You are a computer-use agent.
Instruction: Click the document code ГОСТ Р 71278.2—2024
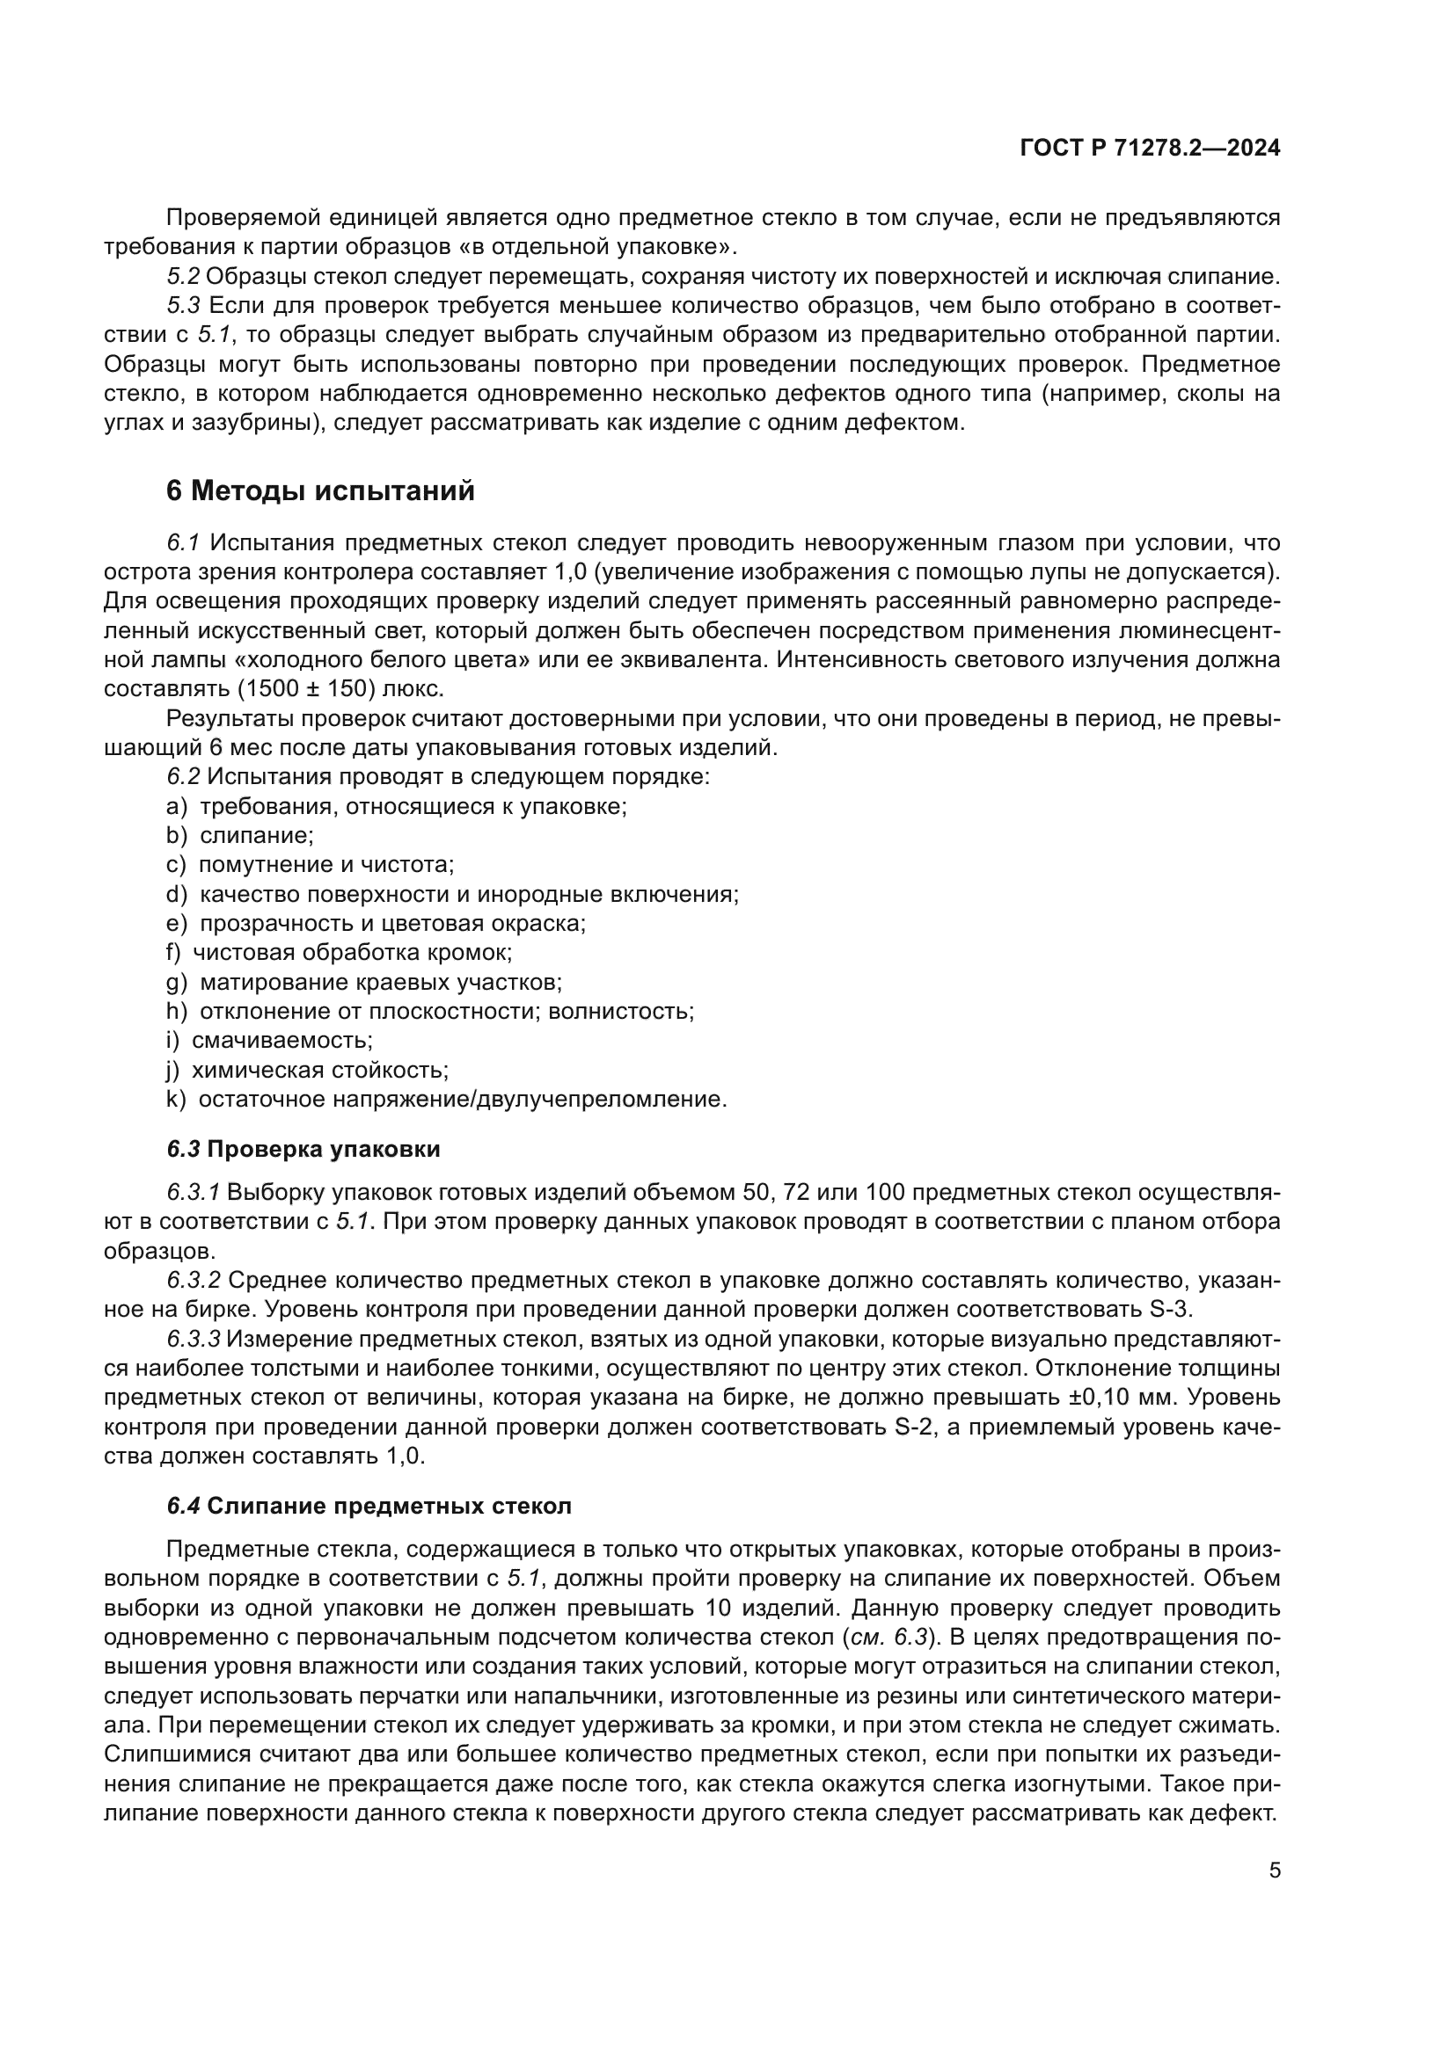click(x=1150, y=149)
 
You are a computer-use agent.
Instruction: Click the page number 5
click(x=1274, y=1870)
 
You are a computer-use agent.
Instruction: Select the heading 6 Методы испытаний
click(x=320, y=490)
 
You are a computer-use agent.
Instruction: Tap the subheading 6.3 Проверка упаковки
click(x=303, y=1149)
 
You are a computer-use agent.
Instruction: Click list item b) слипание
click(x=239, y=835)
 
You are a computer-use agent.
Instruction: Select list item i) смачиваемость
click(x=269, y=1041)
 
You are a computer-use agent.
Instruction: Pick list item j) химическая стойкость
click(x=307, y=1069)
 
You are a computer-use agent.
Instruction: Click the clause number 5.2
click(x=183, y=277)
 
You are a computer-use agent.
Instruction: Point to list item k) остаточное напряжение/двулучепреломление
click(x=446, y=1099)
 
